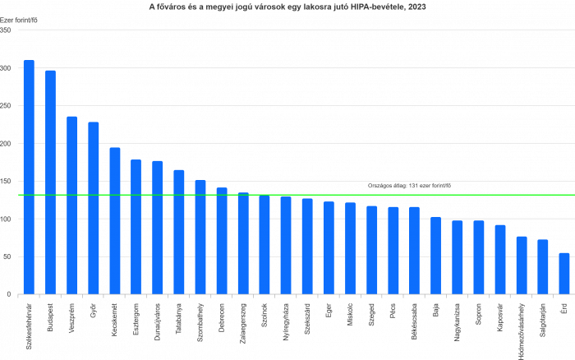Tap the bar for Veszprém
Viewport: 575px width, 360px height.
(x=72, y=205)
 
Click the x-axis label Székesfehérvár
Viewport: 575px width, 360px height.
(x=30, y=324)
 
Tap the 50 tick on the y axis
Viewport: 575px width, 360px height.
(x=7, y=257)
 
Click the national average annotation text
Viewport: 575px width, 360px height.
(x=409, y=187)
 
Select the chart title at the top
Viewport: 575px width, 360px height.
(x=287, y=7)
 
